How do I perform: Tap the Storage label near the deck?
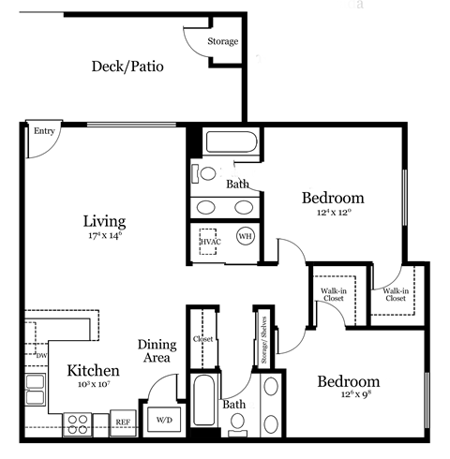tap(223, 41)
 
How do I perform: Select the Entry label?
tap(43, 132)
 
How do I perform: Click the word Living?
tap(104, 221)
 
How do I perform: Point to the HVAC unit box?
tap(209, 242)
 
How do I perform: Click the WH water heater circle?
tap(246, 237)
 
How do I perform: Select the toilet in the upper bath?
tap(204, 174)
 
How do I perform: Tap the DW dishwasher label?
tap(40, 355)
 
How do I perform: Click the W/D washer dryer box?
tap(163, 420)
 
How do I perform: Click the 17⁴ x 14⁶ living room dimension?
tap(103, 238)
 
